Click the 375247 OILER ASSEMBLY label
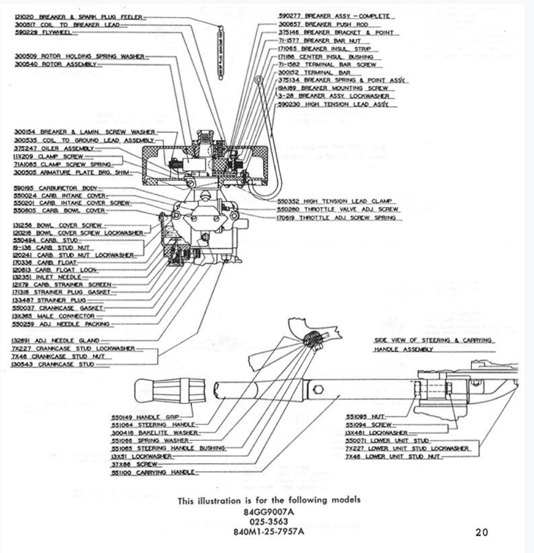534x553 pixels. click(54, 148)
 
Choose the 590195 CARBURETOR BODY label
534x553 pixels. click(55, 188)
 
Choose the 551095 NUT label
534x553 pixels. click(365, 416)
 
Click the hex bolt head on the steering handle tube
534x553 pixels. click(319, 388)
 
